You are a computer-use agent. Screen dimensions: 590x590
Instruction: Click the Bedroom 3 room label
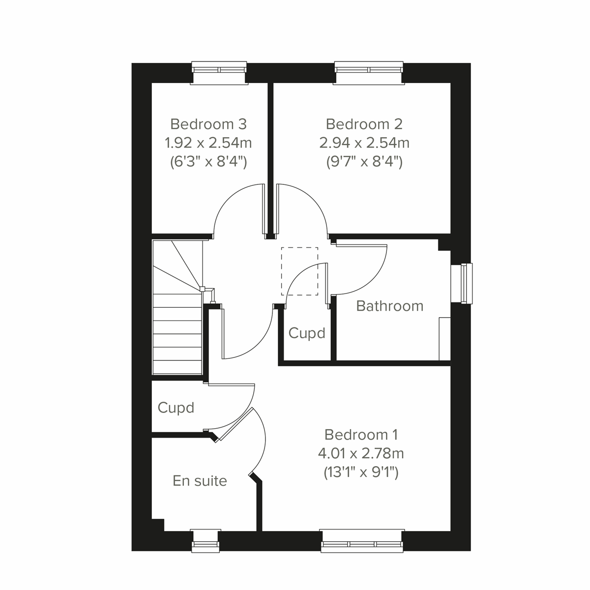click(208, 123)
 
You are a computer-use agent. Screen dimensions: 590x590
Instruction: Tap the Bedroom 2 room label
click(364, 123)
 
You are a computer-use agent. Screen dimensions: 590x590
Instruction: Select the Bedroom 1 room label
click(361, 435)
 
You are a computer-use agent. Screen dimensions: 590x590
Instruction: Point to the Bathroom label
click(389, 306)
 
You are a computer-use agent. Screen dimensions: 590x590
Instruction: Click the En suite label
click(200, 480)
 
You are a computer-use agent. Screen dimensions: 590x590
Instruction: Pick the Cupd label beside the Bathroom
click(307, 333)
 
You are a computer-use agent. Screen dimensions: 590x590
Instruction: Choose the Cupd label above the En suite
click(176, 408)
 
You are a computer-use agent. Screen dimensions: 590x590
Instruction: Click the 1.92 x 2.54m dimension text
click(208, 143)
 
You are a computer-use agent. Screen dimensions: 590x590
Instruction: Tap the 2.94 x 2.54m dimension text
click(364, 143)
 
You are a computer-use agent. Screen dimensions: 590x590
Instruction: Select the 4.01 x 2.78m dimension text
click(361, 453)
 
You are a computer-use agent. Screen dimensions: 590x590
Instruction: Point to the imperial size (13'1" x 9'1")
click(361, 472)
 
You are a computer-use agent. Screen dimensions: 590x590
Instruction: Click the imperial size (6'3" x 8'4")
click(208, 162)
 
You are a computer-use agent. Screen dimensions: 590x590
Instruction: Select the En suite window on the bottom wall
click(205, 540)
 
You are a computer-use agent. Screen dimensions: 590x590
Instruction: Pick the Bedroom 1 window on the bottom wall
click(362, 540)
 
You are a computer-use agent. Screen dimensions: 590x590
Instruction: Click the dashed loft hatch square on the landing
click(299, 271)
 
